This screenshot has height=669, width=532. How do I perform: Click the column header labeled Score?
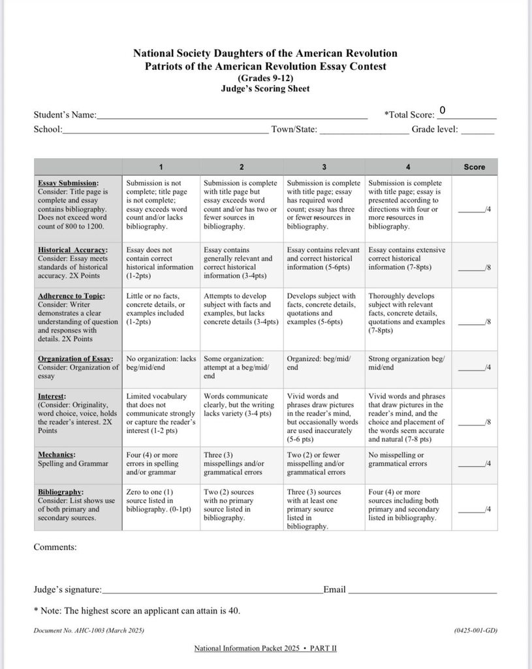[x=474, y=167]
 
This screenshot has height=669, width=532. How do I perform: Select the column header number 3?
[x=324, y=167]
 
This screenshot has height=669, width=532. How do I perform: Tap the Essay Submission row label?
[x=68, y=184]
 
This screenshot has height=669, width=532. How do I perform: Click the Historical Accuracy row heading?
[x=72, y=250]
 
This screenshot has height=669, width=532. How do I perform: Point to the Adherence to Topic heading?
[x=71, y=296]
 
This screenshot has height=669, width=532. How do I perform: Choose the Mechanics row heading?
[x=56, y=454]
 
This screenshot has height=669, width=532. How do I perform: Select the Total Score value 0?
[x=443, y=110]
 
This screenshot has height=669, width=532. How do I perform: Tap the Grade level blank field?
[x=478, y=130]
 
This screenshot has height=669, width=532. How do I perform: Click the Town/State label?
[x=294, y=130]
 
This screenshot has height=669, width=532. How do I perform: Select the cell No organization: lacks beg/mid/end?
[x=161, y=363]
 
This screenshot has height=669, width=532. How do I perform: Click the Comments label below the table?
[x=55, y=547]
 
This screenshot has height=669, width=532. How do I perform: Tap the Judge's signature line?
[x=212, y=590]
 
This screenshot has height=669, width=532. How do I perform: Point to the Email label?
[x=334, y=589]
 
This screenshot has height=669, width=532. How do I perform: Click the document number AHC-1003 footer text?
[x=88, y=630]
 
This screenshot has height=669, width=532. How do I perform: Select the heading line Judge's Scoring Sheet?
[x=265, y=89]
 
